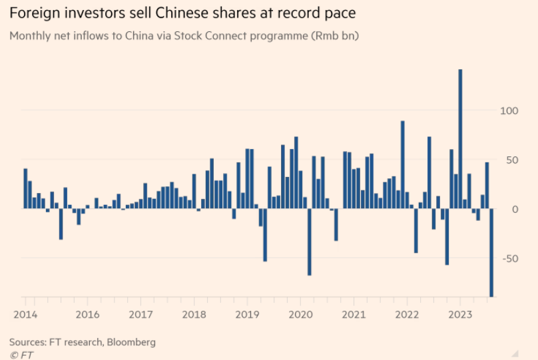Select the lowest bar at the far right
pyautogui.click(x=491, y=253)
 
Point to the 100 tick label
pyautogui.click(x=509, y=110)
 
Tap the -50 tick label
pyautogui.click(x=509, y=258)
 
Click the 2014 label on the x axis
pyautogui.click(x=25, y=314)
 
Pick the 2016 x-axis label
pyautogui.click(x=87, y=314)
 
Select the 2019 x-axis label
pyautogui.click(x=247, y=314)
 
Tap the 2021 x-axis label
pyautogui.click(x=354, y=314)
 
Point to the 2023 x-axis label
pyautogui.click(x=460, y=314)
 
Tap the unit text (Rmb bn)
pyautogui.click(x=334, y=36)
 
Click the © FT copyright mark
pyautogui.click(x=21, y=355)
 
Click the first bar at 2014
pyautogui.click(x=25, y=188)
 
